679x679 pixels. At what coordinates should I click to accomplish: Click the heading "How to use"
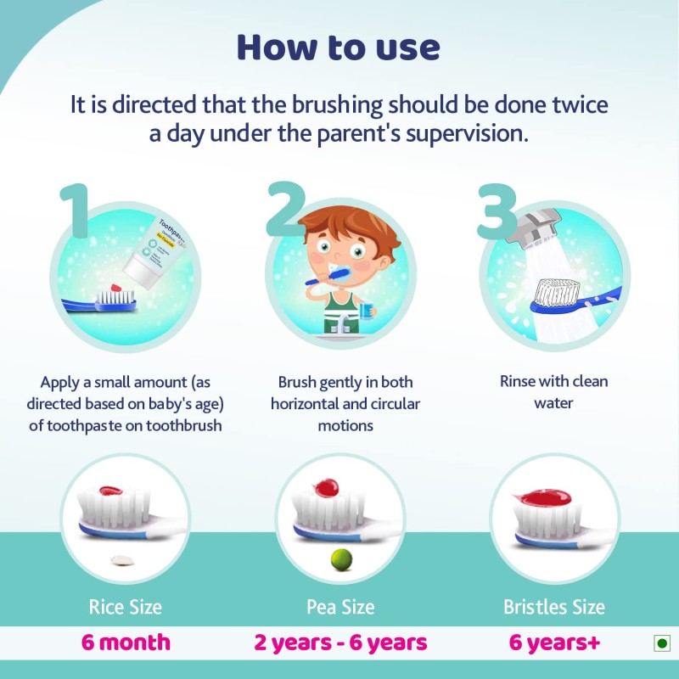tap(339, 47)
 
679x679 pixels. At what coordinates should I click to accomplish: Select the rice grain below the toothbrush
tap(125, 560)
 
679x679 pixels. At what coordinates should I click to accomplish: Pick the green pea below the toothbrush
tap(340, 558)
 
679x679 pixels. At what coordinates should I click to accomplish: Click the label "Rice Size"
tap(125, 607)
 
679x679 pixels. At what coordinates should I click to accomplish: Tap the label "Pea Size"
tap(340, 607)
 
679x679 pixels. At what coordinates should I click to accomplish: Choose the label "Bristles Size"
tap(554, 607)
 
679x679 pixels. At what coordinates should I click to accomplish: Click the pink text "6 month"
tap(126, 643)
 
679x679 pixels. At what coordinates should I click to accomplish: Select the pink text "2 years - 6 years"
tap(340, 643)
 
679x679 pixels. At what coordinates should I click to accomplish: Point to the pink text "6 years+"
tap(554, 643)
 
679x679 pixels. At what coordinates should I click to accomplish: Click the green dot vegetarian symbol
tap(661, 643)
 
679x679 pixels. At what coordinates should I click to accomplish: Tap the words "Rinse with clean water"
tap(554, 392)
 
